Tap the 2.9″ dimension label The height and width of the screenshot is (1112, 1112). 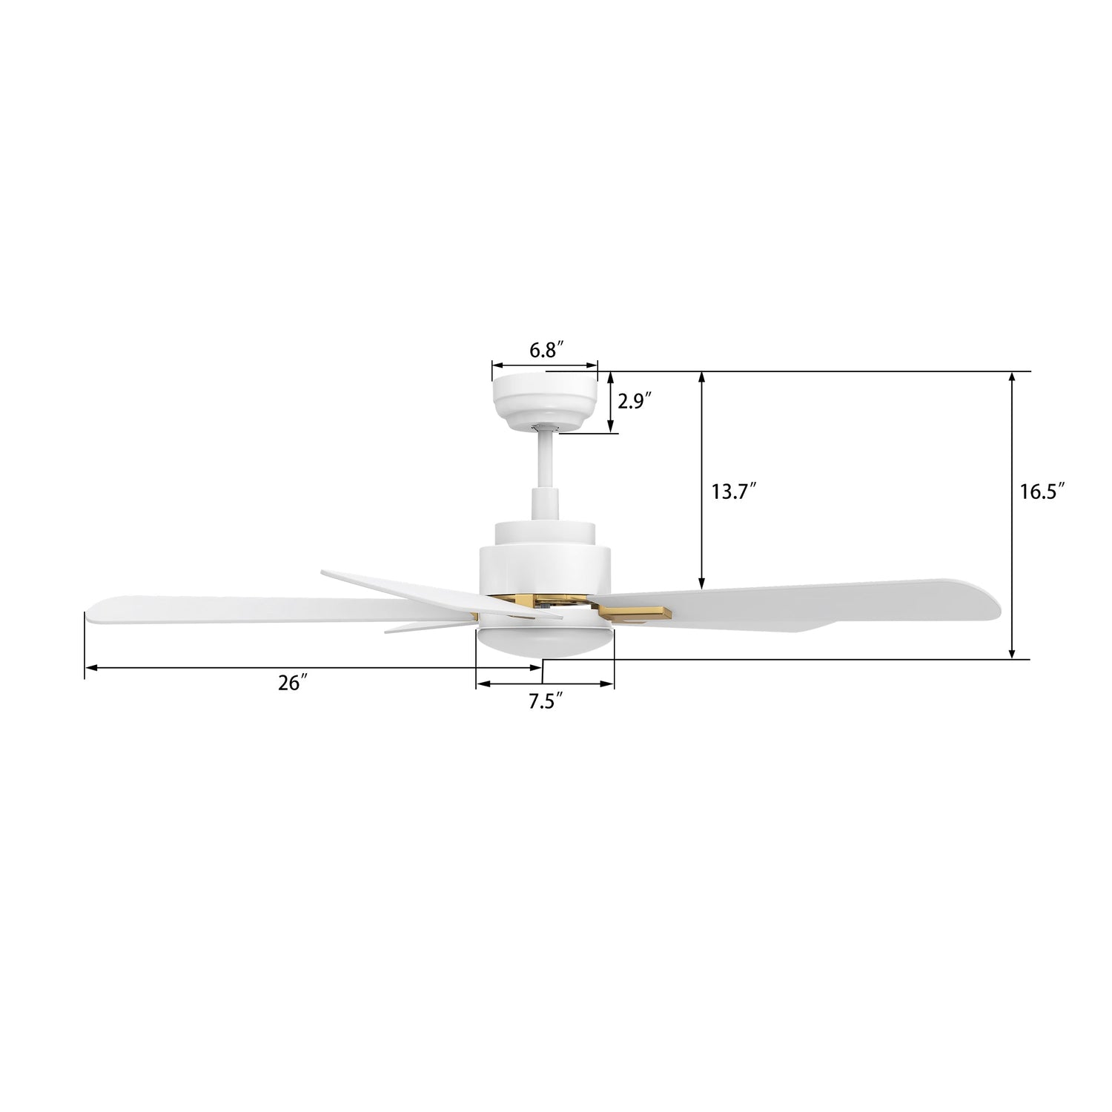pos(634,402)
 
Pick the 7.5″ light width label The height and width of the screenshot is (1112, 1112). pos(546,701)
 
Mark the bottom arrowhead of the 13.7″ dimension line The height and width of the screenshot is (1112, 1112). pos(702,583)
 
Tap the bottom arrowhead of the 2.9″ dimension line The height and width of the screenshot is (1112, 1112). pos(610,428)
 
